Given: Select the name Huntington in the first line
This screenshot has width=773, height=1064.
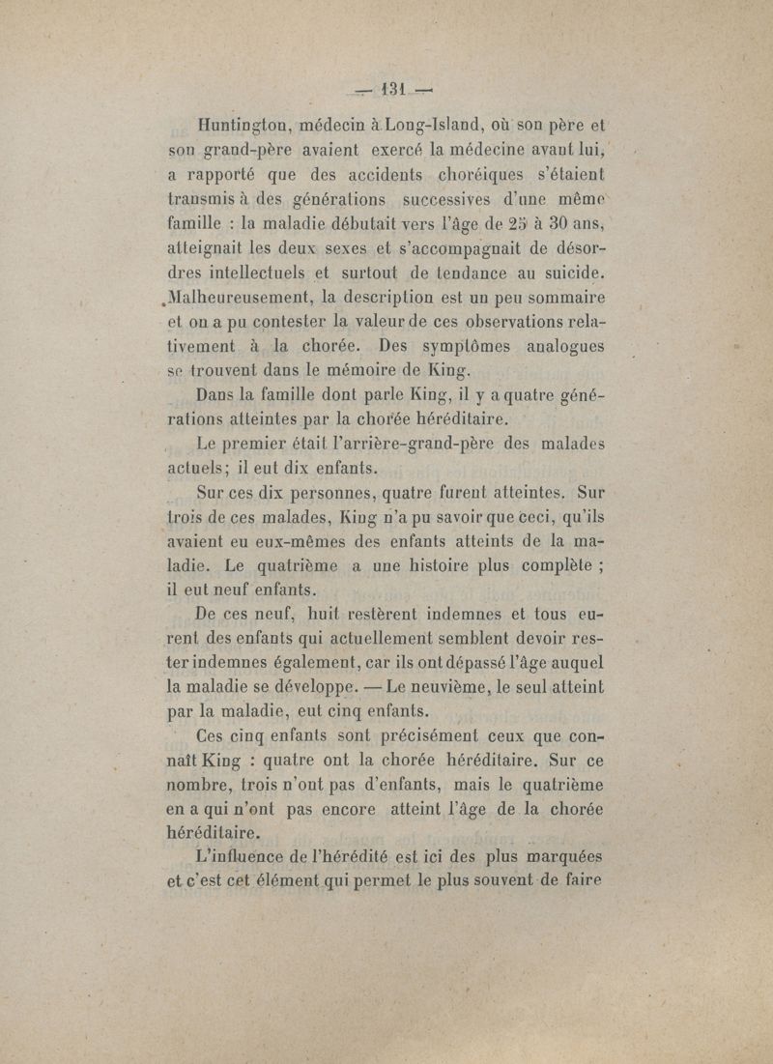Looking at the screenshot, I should click(240, 125).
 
